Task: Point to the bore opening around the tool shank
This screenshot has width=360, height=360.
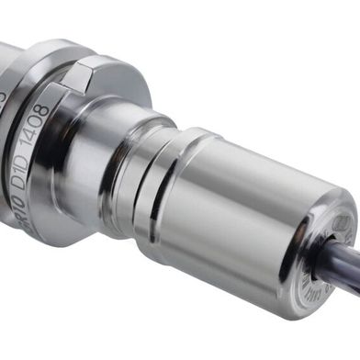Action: click(321, 258)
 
